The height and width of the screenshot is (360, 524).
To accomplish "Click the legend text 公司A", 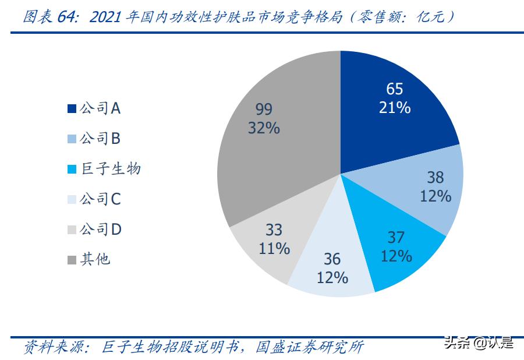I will click(x=100, y=108).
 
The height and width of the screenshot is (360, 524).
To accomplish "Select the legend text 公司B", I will click(x=100, y=138).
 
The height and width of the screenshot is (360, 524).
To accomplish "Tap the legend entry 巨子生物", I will click(x=110, y=169).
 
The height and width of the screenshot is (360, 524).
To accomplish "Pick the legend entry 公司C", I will click(x=100, y=199).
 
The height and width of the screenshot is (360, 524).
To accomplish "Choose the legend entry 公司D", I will click(x=100, y=230).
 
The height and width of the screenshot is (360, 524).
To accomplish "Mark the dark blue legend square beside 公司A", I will click(x=72, y=108).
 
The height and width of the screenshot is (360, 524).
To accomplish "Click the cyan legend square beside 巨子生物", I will click(x=72, y=170).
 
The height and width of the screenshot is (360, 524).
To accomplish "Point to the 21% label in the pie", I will click(x=395, y=108).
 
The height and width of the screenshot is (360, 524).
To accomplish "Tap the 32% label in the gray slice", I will click(x=264, y=128).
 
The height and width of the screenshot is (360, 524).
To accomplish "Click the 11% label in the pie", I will click(x=274, y=248).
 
